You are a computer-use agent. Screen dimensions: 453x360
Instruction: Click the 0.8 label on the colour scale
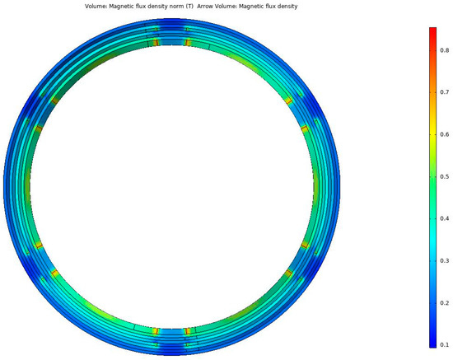point(444,50)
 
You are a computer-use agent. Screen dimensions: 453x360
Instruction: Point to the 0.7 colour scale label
point(444,92)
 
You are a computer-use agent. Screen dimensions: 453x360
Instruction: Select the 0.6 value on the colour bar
point(444,134)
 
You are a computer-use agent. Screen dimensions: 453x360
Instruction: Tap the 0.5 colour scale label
point(444,176)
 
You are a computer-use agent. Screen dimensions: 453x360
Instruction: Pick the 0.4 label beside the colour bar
point(444,218)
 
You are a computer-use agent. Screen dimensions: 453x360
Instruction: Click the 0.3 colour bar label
point(444,260)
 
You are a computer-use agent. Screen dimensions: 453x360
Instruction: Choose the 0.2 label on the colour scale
point(444,303)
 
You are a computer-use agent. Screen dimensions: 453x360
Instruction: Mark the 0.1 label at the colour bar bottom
point(444,344)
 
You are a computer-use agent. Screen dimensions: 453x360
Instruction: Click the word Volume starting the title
point(96,7)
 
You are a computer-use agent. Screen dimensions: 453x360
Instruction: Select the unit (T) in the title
point(189,7)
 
